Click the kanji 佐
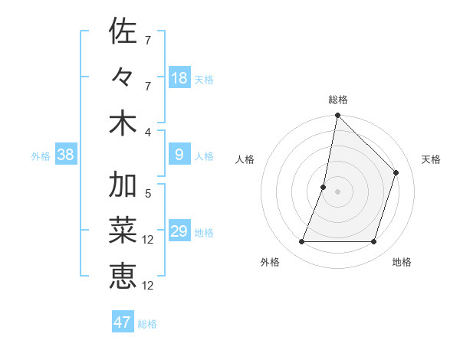tap(123, 31)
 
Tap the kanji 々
tap(123, 78)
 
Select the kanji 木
tap(123, 123)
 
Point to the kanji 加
tap(123, 186)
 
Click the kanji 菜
tap(123, 231)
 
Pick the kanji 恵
tap(123, 276)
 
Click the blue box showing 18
tap(179, 78)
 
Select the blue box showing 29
tap(179, 232)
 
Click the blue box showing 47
tap(123, 322)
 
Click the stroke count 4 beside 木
tap(148, 133)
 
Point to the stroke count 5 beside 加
tap(148, 194)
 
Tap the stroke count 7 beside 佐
tap(148, 40)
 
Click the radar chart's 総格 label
tap(337, 100)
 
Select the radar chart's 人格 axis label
tap(245, 159)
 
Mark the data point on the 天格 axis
tap(396, 172)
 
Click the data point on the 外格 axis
tap(301, 242)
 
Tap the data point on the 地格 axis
tap(374, 242)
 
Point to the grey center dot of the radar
tap(337, 191)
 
